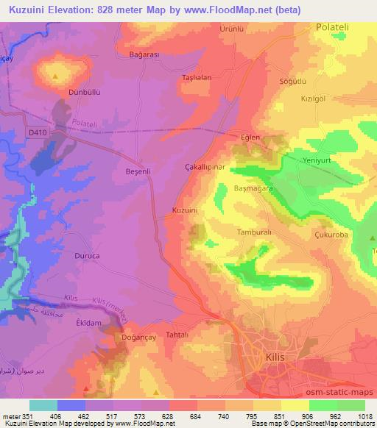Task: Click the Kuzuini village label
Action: [185, 211]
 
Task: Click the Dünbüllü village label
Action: [63, 93]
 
